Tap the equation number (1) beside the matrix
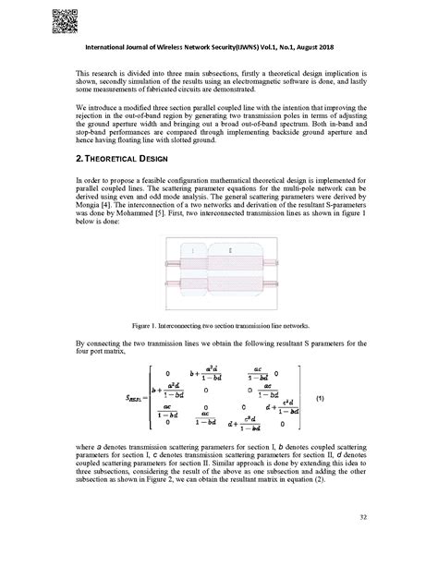click(320, 398)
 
